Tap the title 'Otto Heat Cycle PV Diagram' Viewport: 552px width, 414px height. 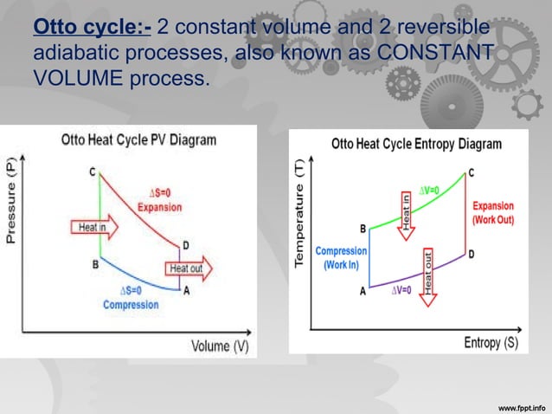pyautogui.click(x=138, y=140)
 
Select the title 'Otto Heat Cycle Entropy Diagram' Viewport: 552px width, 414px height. pyautogui.click(x=416, y=144)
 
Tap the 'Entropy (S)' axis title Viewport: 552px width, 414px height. pyautogui.click(x=491, y=342)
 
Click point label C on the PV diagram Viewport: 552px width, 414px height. pyautogui.click(x=92, y=172)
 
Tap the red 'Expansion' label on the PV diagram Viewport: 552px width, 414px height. pyautogui.click(x=159, y=207)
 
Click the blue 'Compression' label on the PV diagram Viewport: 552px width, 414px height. pyautogui.click(x=131, y=305)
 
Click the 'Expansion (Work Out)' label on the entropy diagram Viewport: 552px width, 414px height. pyautogui.click(x=493, y=213)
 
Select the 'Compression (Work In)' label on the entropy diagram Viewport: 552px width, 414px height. pyautogui.click(x=341, y=258)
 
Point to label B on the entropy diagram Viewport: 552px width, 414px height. pyautogui.click(x=363, y=229)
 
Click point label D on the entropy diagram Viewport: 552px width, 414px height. pyautogui.click(x=471, y=255)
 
